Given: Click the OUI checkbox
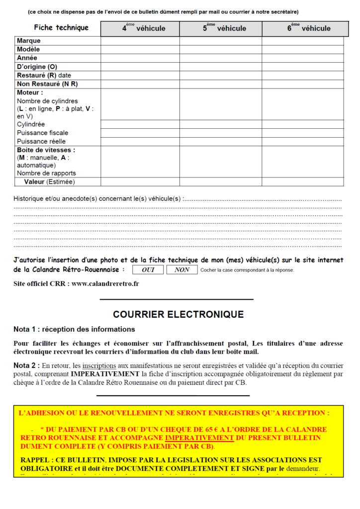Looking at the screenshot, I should [148, 270].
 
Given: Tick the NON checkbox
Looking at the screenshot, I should [182, 270].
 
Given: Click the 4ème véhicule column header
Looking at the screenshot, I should [140, 28].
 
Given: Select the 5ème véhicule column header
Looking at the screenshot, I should [221, 28].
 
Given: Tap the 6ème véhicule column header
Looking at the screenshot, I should [303, 28].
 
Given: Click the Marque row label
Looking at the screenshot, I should [29, 41].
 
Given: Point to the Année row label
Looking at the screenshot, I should [27, 58].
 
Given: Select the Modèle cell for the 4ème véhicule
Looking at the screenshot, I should [140, 50].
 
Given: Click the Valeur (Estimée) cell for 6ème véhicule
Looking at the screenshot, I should [303, 182].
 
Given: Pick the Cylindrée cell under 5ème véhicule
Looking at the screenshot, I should [221, 124].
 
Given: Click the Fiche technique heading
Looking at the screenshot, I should [61, 28].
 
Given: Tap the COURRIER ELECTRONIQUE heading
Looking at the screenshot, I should [178, 315].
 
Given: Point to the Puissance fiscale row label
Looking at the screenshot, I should [43, 133].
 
